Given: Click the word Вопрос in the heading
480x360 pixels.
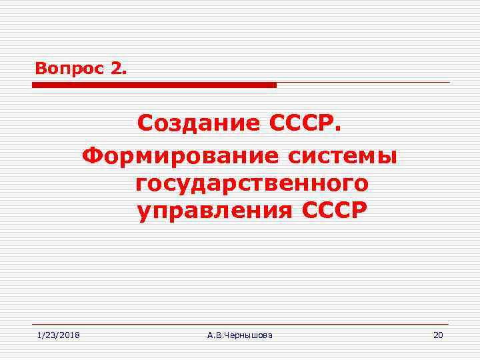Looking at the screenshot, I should [x=65, y=68].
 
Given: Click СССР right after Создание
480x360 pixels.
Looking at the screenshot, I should [x=305, y=123].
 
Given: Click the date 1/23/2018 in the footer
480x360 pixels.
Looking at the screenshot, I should [x=58, y=334].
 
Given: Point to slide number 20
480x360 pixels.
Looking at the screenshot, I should [x=437, y=334].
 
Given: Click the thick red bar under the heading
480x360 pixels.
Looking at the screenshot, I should [x=154, y=85].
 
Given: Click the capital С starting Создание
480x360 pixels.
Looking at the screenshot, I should [x=145, y=123].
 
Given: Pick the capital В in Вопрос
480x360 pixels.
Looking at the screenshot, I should [x=40, y=68].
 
